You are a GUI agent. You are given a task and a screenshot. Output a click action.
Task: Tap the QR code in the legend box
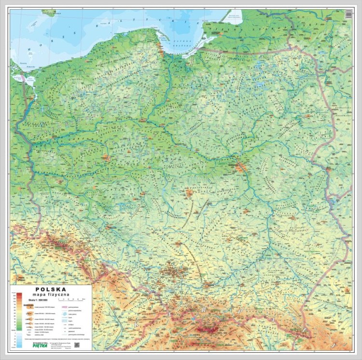[77, 345]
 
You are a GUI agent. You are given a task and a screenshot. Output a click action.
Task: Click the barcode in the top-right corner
[348, 15]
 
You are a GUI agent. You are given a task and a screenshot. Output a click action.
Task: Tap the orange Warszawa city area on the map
[241, 167]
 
